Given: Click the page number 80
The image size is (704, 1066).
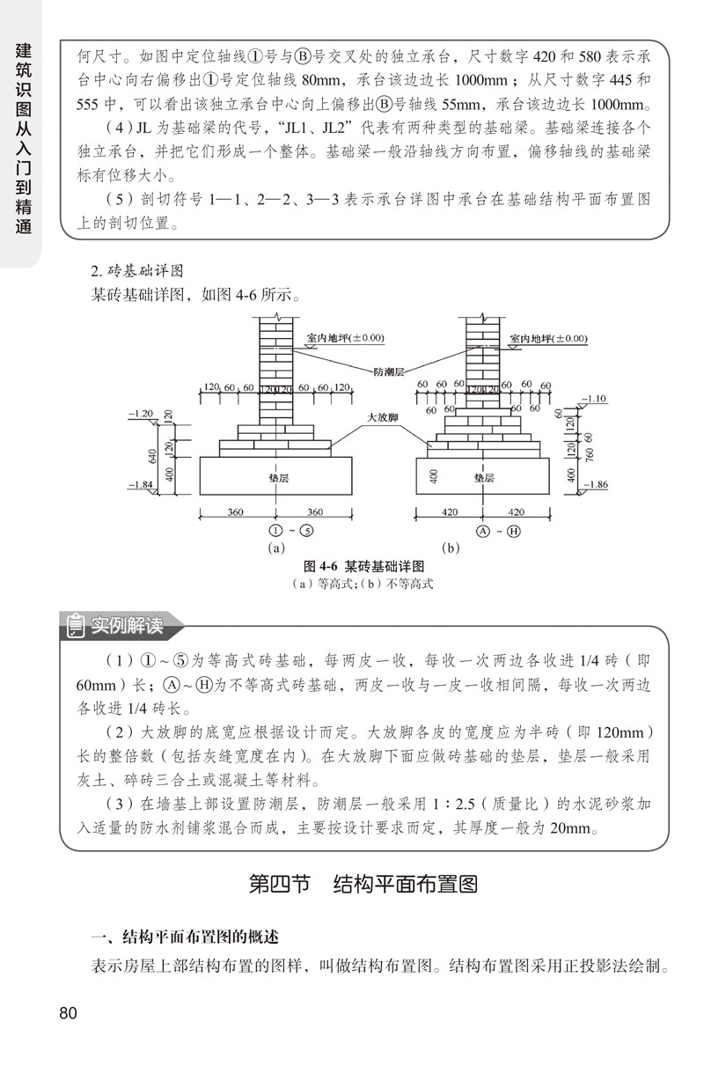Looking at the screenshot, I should [69, 1012].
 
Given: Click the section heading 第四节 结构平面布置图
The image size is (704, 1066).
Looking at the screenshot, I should [363, 884].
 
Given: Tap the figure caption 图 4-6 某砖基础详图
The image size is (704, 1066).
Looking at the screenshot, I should [363, 565].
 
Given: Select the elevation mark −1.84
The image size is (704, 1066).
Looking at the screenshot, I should [141, 485].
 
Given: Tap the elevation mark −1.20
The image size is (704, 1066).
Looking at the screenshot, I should [141, 413].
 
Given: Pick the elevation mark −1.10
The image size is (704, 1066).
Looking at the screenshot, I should [592, 399].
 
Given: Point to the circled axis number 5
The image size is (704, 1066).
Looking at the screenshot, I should [304, 531].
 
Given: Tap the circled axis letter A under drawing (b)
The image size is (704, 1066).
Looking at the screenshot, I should [482, 531].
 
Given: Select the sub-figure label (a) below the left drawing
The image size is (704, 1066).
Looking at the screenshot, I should [276, 548].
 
